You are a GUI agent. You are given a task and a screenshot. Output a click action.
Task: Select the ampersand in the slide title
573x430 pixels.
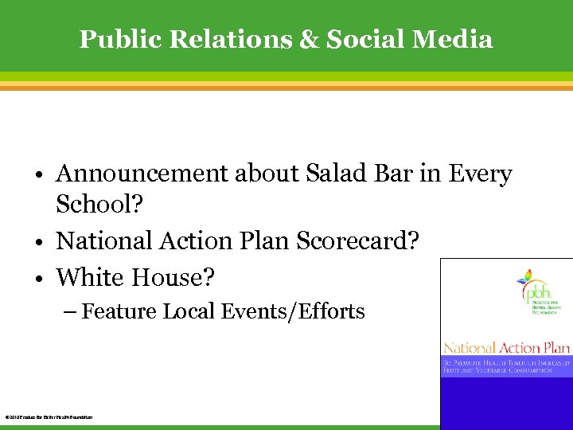[x=307, y=39]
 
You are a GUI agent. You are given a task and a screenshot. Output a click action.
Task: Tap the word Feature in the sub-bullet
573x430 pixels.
[x=119, y=311]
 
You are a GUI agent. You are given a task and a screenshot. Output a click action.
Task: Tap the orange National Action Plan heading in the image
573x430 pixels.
[x=506, y=348]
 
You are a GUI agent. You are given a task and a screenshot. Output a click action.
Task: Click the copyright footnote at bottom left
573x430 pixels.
[x=49, y=417]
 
